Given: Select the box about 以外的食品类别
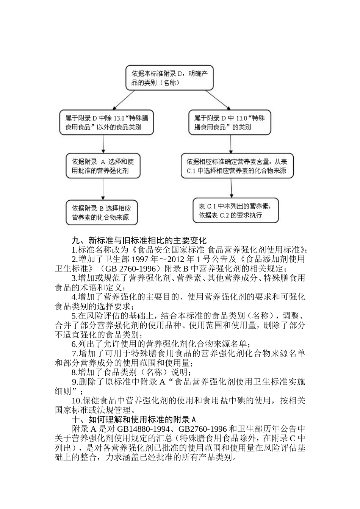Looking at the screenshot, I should (x=106, y=122).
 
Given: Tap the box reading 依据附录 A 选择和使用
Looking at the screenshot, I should (x=103, y=166).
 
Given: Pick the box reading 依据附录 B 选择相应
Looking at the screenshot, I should (x=102, y=212).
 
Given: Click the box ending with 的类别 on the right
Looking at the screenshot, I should (x=230, y=122).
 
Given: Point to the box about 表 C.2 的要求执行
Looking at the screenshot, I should (x=235, y=211).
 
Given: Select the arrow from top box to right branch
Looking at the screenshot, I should (x=218, y=100).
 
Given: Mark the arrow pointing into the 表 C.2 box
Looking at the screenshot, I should (x=232, y=188).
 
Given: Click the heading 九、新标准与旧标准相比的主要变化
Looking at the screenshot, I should (x=139, y=240).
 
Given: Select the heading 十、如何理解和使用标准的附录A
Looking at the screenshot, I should (x=134, y=419).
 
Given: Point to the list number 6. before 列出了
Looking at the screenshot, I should (x=75, y=344).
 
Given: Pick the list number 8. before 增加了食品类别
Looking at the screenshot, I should (x=75, y=372).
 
